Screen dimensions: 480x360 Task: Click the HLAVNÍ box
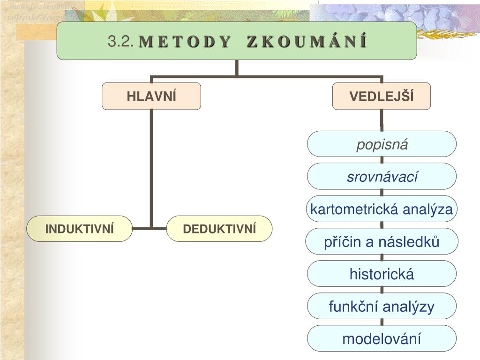pyautogui.click(x=151, y=96)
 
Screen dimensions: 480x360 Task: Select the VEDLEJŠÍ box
pyautogui.click(x=382, y=96)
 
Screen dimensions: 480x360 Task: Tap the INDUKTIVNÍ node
pyautogui.click(x=80, y=229)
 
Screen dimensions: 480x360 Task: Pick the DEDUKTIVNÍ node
pyautogui.click(x=219, y=229)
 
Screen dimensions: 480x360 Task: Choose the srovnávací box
pyautogui.click(x=382, y=177)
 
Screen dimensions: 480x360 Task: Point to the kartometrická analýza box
pyautogui.click(x=382, y=209)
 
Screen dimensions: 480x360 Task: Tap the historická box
pyautogui.click(x=382, y=274)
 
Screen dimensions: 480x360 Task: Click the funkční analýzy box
pyautogui.click(x=382, y=307)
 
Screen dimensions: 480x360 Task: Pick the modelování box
pyautogui.click(x=382, y=338)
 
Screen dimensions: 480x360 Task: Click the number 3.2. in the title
pyautogui.click(x=121, y=42)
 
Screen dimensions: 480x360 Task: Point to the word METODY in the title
pyautogui.click(x=185, y=42)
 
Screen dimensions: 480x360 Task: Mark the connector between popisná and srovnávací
pyautogui.click(x=382, y=160)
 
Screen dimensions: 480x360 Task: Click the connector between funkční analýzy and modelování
pyautogui.click(x=382, y=322)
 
